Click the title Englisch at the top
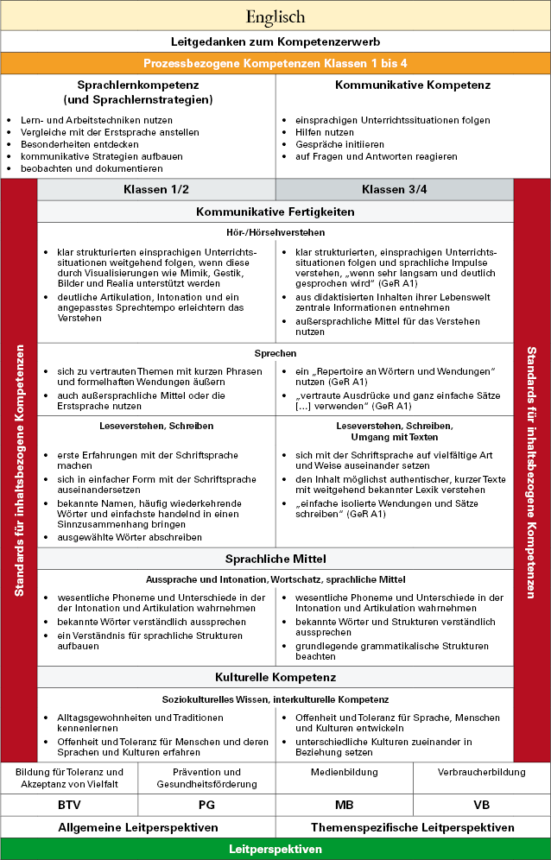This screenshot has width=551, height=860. (x=275, y=16)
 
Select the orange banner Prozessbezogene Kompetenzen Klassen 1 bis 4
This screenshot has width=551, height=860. (x=275, y=63)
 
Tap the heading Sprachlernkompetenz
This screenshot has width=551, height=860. (x=138, y=85)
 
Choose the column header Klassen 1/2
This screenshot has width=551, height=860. (x=156, y=190)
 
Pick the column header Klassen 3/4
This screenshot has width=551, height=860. (x=394, y=190)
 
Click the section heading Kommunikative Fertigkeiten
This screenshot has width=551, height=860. (x=275, y=212)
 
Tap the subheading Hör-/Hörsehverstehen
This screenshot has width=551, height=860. (x=275, y=232)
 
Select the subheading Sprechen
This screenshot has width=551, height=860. (x=275, y=353)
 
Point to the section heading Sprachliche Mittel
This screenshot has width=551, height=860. (x=275, y=559)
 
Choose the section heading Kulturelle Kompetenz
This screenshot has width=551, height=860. (x=275, y=677)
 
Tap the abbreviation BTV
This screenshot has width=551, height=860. (x=69, y=804)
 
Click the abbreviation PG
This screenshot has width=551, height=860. (x=206, y=804)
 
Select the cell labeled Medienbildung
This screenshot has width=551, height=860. (x=344, y=772)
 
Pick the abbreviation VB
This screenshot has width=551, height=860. (x=481, y=804)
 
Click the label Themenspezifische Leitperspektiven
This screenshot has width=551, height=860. (x=413, y=827)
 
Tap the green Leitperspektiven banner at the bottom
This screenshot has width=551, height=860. (x=275, y=849)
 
